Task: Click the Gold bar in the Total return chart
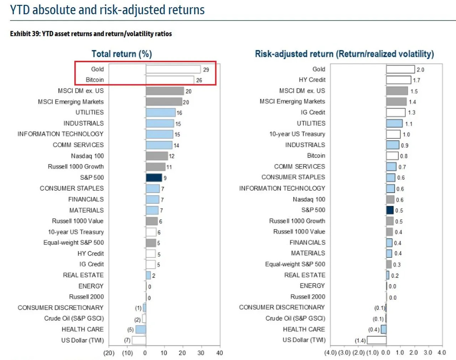[x=173, y=69]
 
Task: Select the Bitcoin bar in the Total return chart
[x=170, y=80]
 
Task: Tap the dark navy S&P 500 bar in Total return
[x=154, y=178]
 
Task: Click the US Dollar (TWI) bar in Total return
[x=139, y=340]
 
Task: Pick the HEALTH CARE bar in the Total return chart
[x=141, y=329]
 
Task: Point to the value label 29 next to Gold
[x=206, y=70]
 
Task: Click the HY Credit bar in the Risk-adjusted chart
[x=398, y=80]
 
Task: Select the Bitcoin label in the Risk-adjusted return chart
[x=316, y=156]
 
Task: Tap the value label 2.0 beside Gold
[x=420, y=70]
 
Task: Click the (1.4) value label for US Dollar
[x=360, y=341]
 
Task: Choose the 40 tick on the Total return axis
[x=219, y=353]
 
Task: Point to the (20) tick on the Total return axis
[x=109, y=353]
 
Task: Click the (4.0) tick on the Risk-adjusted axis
[x=330, y=353]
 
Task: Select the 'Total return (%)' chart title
[x=121, y=54]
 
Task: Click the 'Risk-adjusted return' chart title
[x=344, y=54]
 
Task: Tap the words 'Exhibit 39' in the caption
[x=25, y=34]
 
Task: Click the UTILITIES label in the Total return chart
[x=89, y=113]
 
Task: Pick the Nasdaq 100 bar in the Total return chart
[x=157, y=156]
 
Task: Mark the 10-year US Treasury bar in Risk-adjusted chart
[x=393, y=134]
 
